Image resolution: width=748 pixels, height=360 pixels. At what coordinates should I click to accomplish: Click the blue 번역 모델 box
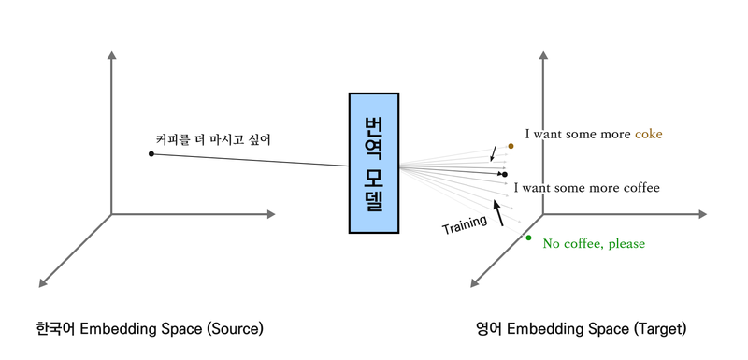point(374,163)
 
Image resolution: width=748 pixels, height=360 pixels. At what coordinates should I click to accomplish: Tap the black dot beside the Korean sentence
point(151,153)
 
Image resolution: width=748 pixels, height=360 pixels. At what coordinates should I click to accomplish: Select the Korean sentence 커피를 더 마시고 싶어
point(214,140)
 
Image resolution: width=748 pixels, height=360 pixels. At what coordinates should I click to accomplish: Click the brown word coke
point(649,135)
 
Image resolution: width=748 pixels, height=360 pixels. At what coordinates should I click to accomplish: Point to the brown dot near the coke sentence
point(511,146)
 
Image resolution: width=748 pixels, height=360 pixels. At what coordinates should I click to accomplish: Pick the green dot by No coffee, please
point(528,238)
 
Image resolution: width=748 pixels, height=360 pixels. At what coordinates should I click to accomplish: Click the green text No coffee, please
point(594,244)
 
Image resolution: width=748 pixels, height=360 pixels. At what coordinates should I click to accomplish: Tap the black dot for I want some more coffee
point(505,174)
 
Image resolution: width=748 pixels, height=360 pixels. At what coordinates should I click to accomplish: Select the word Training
point(465,225)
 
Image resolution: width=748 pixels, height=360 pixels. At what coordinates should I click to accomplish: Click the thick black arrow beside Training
point(498,212)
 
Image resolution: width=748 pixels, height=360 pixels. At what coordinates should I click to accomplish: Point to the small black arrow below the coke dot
point(494,153)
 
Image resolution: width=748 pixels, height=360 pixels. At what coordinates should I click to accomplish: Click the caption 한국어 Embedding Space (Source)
point(150,328)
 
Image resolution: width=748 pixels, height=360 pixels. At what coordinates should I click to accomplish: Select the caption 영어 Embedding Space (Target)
point(581,328)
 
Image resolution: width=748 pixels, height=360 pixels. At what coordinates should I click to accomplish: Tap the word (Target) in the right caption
point(662,329)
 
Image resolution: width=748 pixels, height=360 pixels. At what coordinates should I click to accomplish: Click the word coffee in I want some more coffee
point(642,188)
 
